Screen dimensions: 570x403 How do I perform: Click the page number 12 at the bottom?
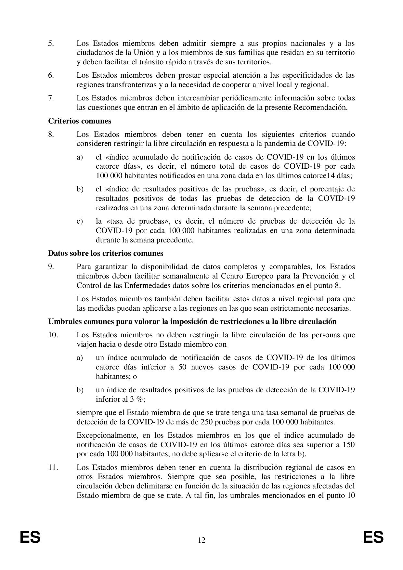201,540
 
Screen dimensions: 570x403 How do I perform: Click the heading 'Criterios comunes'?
80,121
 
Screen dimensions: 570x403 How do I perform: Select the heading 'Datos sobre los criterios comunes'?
106,253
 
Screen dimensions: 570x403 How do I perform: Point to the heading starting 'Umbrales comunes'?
192,321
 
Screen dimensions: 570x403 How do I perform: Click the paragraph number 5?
51,43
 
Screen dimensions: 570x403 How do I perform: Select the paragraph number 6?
51,75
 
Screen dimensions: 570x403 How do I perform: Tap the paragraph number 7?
51,98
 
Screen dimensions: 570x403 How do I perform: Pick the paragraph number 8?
51,135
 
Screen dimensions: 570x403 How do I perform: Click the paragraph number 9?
51,267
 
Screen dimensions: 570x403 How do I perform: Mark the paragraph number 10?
53,335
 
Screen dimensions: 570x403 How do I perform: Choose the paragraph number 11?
53,468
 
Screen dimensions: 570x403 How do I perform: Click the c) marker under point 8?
80,222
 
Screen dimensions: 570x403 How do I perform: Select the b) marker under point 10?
80,390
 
